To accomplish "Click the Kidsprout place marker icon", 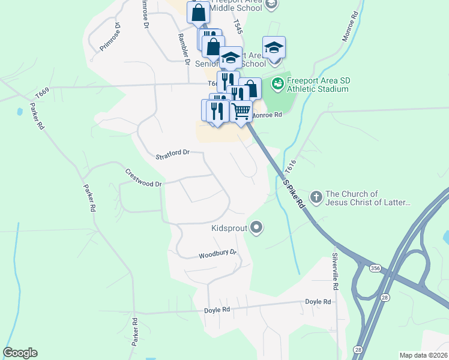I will (257, 227).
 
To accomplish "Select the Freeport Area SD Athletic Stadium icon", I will (278, 84).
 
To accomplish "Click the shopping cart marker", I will (241, 110).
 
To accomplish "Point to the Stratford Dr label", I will (172, 153).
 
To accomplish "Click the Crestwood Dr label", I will (143, 178).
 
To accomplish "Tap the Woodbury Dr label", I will (218, 254).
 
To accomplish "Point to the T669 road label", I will (41, 94).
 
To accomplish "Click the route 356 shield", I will (375, 267).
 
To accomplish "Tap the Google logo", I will (20, 353).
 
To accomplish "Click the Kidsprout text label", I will (229, 228).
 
